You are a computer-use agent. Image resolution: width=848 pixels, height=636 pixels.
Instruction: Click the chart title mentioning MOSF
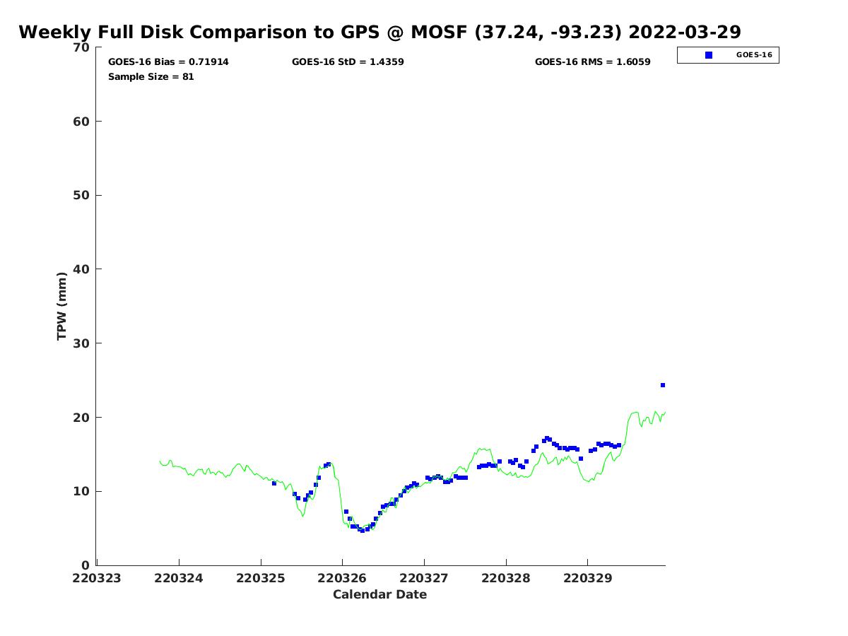pyautogui.click(x=379, y=33)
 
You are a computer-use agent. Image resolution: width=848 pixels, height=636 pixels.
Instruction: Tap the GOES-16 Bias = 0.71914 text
pyautogui.click(x=168, y=62)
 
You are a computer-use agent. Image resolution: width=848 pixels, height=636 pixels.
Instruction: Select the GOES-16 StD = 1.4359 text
pyautogui.click(x=348, y=62)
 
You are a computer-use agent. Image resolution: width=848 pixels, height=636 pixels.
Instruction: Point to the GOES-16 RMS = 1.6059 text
pyautogui.click(x=592, y=62)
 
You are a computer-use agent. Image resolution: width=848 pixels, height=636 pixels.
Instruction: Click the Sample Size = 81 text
pyautogui.click(x=151, y=76)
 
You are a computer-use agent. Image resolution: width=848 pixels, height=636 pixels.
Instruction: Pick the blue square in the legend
pyautogui.click(x=709, y=55)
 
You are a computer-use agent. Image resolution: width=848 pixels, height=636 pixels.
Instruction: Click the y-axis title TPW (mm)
pyautogui.click(x=62, y=306)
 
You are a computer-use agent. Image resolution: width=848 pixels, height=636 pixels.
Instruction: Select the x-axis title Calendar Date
pyautogui.click(x=379, y=595)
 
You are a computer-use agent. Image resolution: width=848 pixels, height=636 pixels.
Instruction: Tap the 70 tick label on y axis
pyautogui.click(x=82, y=47)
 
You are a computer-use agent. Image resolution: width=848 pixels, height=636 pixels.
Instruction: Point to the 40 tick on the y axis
pyautogui.click(x=82, y=269)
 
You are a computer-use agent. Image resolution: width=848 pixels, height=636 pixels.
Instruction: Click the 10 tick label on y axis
pyautogui.click(x=82, y=491)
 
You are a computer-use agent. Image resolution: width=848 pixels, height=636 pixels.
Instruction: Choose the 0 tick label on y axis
pyautogui.click(x=86, y=565)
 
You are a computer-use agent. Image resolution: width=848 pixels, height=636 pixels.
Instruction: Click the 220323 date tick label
pyautogui.click(x=97, y=578)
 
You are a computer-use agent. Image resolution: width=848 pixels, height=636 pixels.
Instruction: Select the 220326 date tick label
pyautogui.click(x=342, y=578)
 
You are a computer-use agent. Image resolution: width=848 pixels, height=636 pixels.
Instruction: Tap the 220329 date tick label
pyautogui.click(x=588, y=578)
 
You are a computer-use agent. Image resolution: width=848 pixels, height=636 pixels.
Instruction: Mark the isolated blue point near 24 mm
pyautogui.click(x=663, y=385)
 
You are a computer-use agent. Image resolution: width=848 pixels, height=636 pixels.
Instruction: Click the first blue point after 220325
pyautogui.click(x=274, y=483)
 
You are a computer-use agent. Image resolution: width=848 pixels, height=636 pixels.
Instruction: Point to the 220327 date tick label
pyautogui.click(x=424, y=578)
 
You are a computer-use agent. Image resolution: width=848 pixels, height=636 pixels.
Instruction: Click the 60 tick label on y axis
pyautogui.click(x=82, y=122)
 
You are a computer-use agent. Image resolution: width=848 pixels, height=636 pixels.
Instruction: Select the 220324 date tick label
pyautogui.click(x=179, y=578)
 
